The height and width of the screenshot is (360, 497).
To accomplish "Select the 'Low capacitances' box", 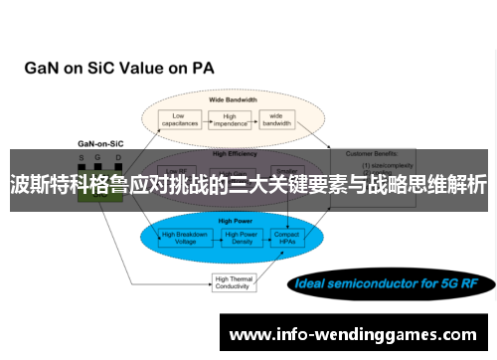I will click(179, 120).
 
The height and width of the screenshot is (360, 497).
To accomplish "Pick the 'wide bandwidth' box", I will click(276, 120).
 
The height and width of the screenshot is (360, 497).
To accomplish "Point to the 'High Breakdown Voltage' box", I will click(185, 238).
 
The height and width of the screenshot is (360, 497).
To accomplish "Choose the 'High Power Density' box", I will click(242, 238).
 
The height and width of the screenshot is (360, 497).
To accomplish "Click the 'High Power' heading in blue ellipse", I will click(236, 220).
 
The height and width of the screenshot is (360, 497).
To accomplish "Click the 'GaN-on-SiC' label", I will click(99, 144).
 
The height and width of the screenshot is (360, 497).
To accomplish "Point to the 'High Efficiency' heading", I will click(235, 154).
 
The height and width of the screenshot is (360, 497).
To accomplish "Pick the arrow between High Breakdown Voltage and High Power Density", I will click(214, 238).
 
